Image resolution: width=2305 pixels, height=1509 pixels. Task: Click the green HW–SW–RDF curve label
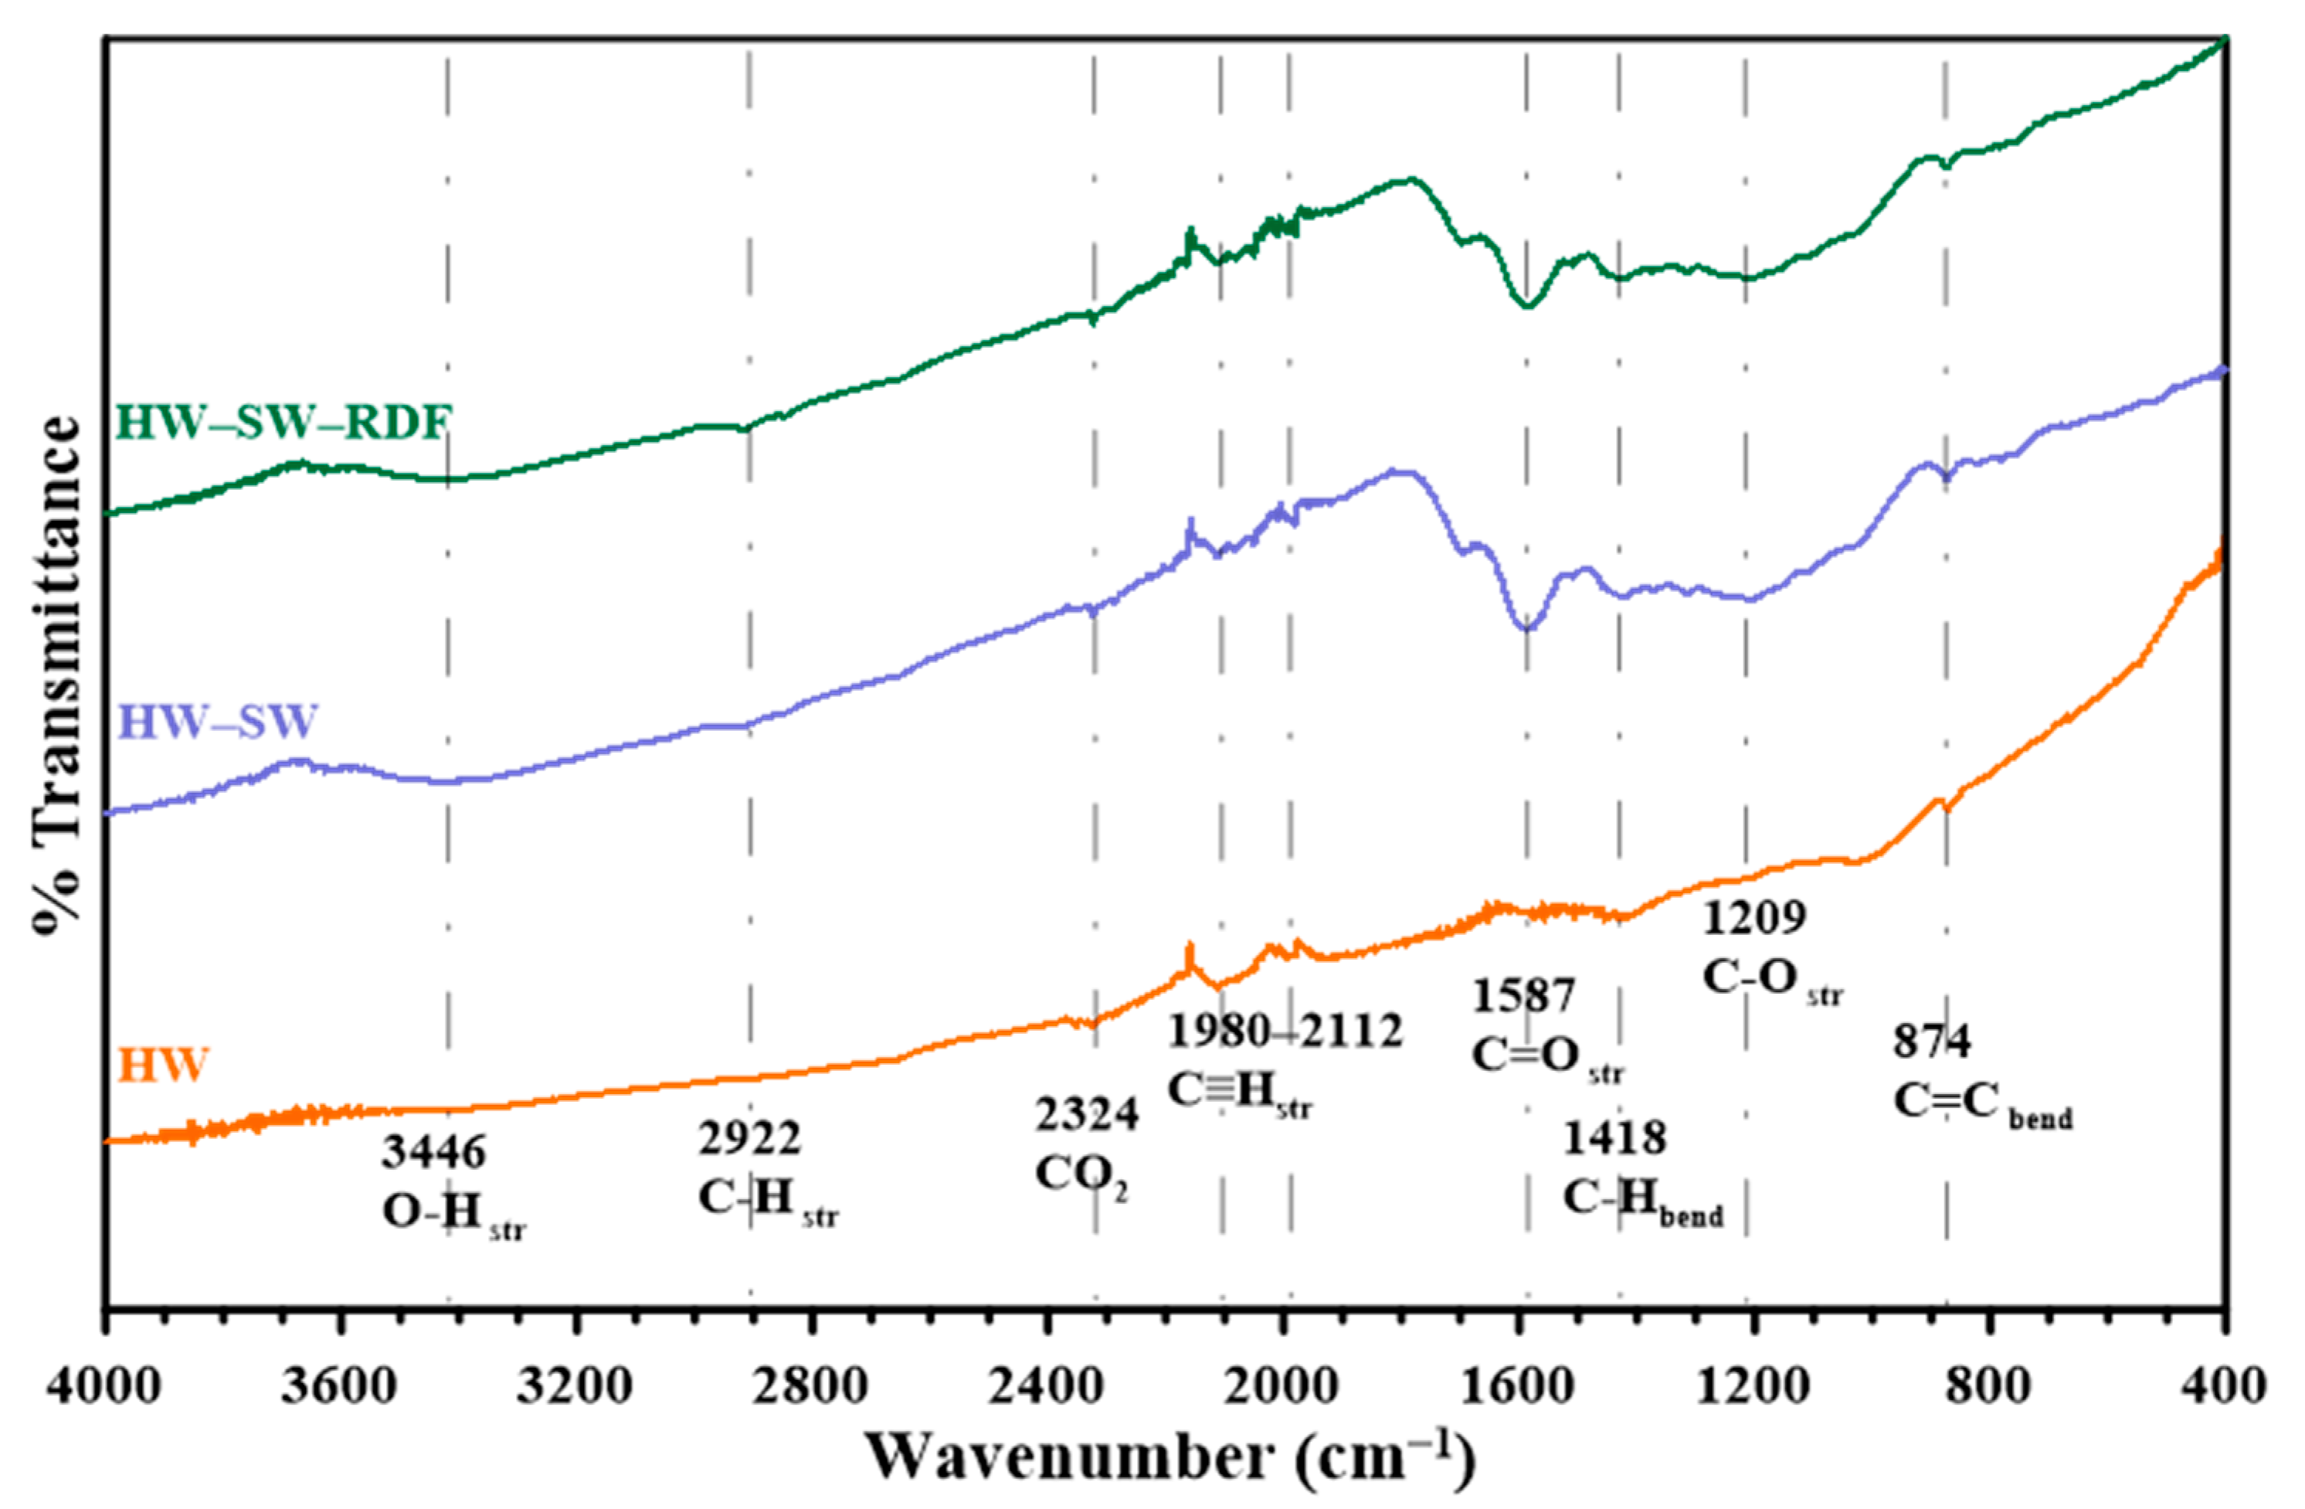pos(283,423)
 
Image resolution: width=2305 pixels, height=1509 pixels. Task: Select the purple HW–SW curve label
pos(218,722)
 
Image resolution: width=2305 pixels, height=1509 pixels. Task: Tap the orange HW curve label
pos(163,1066)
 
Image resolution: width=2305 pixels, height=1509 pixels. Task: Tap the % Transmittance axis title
pos(56,675)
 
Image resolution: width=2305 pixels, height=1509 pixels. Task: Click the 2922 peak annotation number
pos(749,1139)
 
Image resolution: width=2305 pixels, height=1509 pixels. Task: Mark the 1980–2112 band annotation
pos(1285,1031)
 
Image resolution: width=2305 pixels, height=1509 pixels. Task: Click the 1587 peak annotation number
pos(1524,997)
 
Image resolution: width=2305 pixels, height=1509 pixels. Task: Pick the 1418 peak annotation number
pos(1614,1139)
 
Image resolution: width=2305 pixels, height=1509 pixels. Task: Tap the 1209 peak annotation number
pos(1755,918)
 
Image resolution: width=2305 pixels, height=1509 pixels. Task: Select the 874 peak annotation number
pos(1932,1043)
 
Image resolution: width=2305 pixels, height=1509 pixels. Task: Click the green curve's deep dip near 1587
pos(1527,305)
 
